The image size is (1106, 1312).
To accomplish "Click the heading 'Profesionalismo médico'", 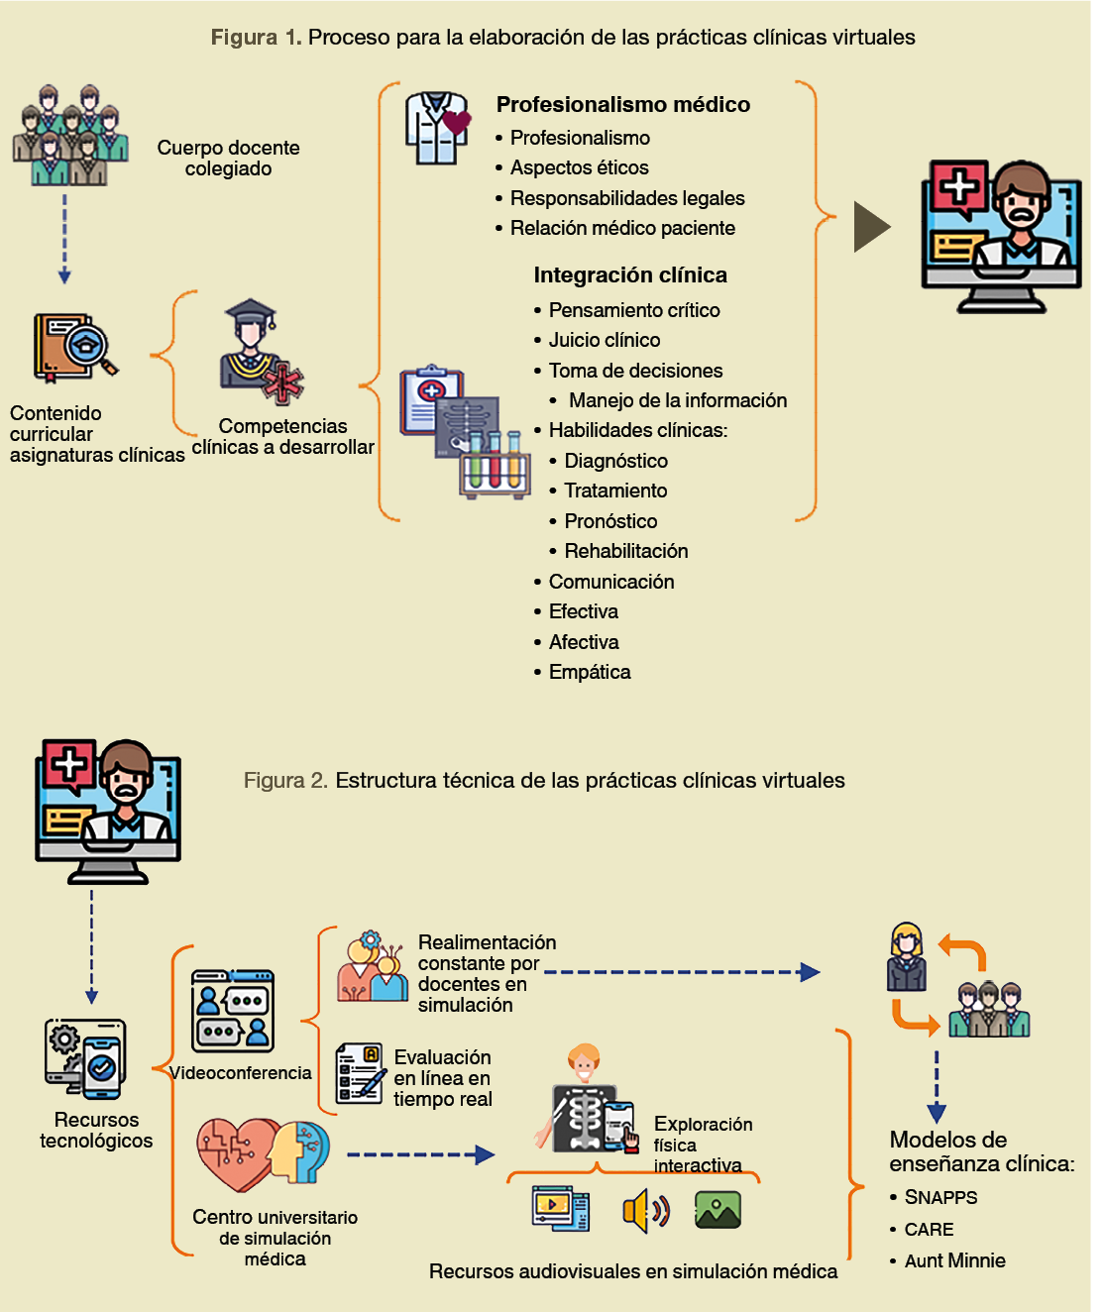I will [x=622, y=105].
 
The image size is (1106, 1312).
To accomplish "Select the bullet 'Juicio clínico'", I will [x=604, y=340].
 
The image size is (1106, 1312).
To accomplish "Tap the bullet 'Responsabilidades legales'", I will [x=626, y=198].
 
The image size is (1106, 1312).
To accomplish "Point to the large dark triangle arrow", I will [x=870, y=227].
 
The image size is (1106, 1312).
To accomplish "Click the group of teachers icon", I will [x=70, y=136].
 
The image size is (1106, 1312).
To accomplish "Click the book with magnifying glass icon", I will [x=74, y=348].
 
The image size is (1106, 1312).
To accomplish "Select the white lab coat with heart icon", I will [x=437, y=128].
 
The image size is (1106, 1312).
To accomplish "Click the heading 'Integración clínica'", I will [x=630, y=275].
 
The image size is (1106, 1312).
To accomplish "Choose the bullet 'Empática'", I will [x=589, y=672].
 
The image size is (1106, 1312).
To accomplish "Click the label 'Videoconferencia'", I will [x=240, y=1073].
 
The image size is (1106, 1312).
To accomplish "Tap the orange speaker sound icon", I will [x=645, y=1210].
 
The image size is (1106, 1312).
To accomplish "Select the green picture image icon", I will [x=718, y=1210].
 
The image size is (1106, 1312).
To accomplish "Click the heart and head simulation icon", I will [x=263, y=1154].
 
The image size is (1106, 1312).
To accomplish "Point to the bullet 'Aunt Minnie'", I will [x=954, y=1260].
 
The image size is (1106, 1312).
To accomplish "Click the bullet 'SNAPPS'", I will [x=940, y=1197].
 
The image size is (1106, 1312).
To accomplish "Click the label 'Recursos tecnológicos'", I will [x=96, y=1130].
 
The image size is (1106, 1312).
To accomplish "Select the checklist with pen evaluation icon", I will [x=359, y=1073].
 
